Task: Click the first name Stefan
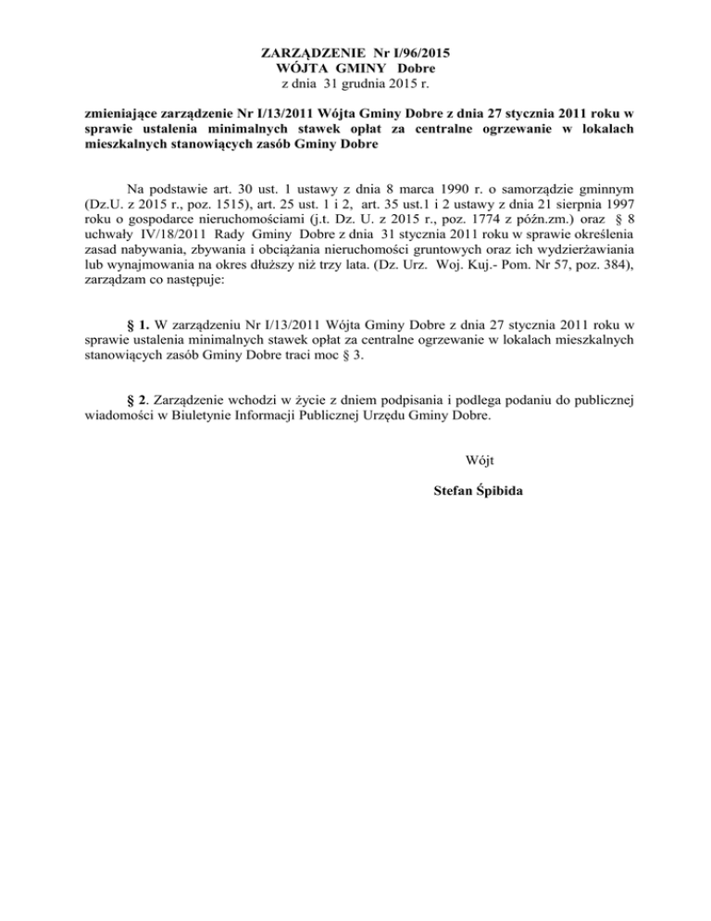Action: click(x=454, y=490)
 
